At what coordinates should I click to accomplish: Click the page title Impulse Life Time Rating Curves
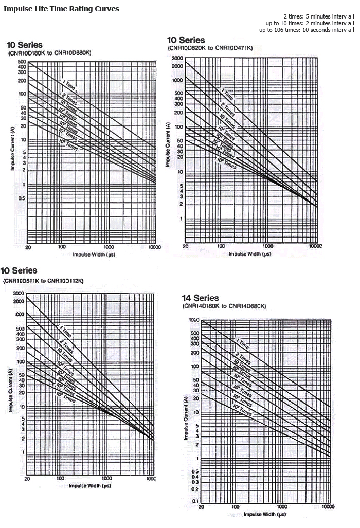point(61,9)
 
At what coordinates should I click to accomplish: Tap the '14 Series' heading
point(201,298)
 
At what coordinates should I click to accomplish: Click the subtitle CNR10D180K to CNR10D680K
point(43,53)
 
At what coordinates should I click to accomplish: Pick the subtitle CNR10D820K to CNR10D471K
point(210,48)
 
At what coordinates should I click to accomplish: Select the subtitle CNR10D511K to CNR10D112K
point(43,280)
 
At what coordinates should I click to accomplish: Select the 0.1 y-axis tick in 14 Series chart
point(195,501)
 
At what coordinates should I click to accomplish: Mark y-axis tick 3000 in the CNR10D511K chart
point(19,293)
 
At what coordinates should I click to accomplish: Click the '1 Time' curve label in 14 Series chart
point(243,343)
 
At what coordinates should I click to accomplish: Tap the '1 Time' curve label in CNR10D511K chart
point(65,331)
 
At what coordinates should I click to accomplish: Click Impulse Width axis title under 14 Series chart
point(264,514)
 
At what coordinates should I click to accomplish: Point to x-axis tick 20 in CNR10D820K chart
point(185,246)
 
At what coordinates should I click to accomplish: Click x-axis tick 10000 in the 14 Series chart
point(328,507)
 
